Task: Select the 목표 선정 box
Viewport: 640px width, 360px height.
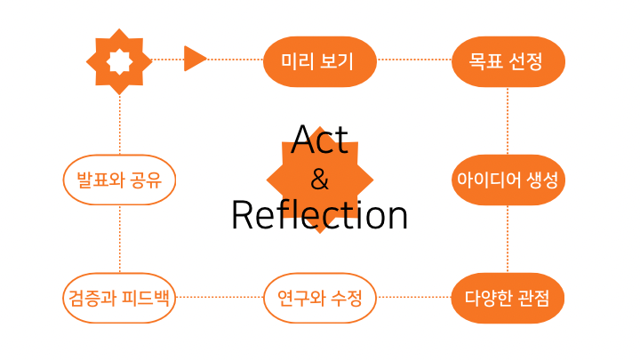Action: (x=508, y=61)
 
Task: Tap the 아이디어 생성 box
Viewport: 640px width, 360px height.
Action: (x=508, y=180)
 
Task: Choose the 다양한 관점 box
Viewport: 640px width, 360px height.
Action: (x=508, y=298)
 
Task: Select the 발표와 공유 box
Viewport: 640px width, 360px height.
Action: (x=120, y=180)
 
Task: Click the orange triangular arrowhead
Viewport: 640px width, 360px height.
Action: (x=195, y=60)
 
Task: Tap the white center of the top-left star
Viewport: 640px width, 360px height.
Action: (x=120, y=60)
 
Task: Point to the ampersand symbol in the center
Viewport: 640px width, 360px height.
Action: (x=320, y=180)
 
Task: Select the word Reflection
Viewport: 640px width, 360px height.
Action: (x=320, y=216)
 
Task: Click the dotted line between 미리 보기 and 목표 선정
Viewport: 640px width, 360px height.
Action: (x=414, y=60)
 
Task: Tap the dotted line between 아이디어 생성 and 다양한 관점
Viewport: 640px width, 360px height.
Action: (x=508, y=238)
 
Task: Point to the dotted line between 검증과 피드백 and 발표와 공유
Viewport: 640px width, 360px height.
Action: (x=120, y=238)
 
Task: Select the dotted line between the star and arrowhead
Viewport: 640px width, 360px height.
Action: (x=167, y=60)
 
